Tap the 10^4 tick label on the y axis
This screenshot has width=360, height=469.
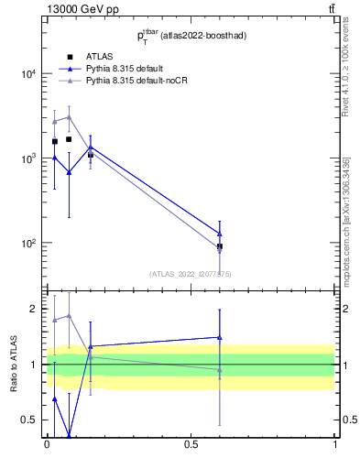coord(28,74)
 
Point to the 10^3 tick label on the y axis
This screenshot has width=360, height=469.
coord(28,158)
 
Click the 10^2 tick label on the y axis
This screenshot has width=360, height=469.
coord(28,244)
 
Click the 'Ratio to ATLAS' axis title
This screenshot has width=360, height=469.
coord(14,365)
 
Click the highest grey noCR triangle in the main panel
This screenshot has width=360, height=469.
coord(69,116)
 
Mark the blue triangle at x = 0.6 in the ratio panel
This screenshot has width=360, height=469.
coord(220,337)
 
